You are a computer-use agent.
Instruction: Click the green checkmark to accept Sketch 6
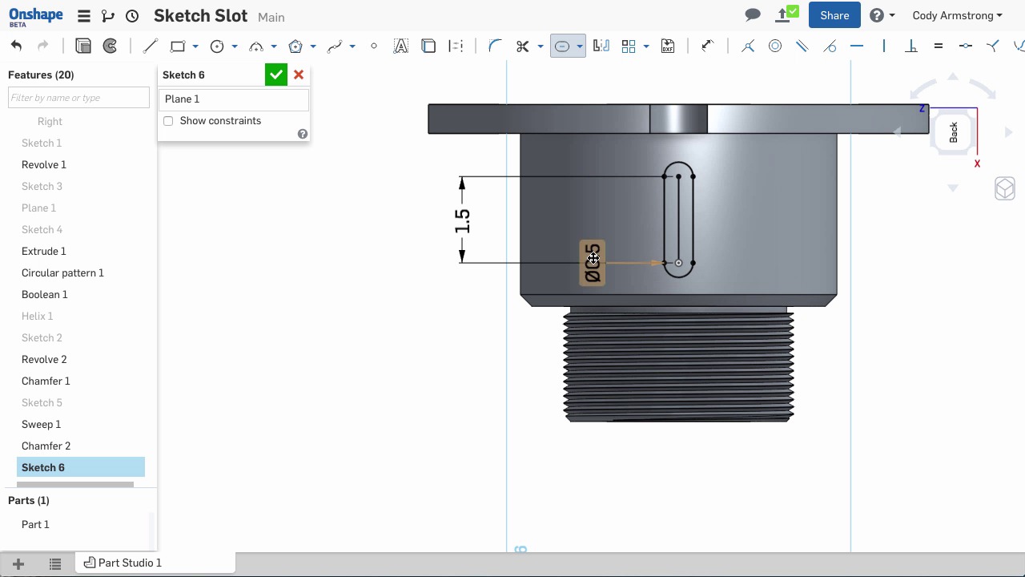[x=275, y=75]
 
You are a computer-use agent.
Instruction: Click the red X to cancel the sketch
[x=299, y=75]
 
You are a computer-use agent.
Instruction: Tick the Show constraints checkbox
[x=168, y=121]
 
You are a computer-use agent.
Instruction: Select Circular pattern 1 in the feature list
[x=62, y=272]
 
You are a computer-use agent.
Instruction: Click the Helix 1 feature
[x=37, y=316]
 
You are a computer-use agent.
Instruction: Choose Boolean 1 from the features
[x=44, y=294]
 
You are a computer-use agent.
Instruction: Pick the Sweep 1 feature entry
[x=41, y=424]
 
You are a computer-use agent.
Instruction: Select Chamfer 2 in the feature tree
[x=46, y=446]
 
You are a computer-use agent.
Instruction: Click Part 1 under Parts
[x=35, y=524]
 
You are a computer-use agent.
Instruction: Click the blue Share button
[x=834, y=15]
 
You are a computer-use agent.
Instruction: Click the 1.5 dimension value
[x=462, y=221]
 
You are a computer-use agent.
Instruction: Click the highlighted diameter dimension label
[x=592, y=263]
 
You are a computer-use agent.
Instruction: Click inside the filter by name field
[x=78, y=98]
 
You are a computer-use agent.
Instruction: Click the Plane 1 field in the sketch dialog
[x=233, y=99]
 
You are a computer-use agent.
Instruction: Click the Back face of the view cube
[x=953, y=132]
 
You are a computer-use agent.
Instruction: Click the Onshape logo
[x=35, y=15]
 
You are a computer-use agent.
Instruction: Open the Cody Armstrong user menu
[x=957, y=15]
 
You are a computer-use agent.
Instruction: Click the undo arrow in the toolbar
[x=17, y=46]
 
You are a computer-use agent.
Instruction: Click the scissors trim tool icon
[x=523, y=46]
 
